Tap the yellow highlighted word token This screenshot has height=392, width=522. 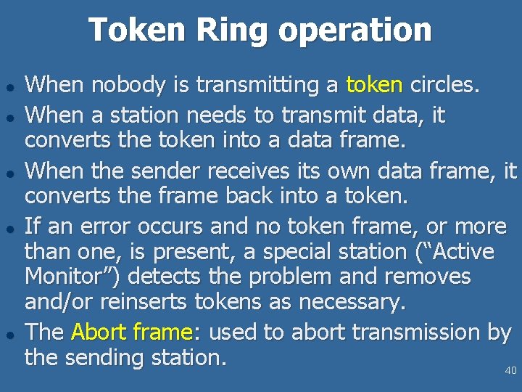[x=374, y=85]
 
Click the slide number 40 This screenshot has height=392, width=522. [x=510, y=371]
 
